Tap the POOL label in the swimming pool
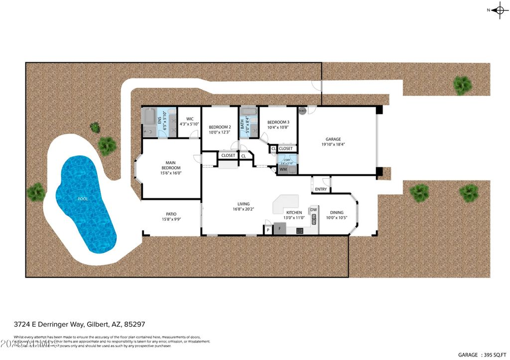pos(83,199)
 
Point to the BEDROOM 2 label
pos(220,127)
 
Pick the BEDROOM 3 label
pos(278,122)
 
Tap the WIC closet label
pos(189,119)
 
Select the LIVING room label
pos(244,204)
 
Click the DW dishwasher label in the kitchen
pos(313,210)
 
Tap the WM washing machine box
pos(283,170)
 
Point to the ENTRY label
pos(321,189)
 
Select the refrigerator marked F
pos(279,230)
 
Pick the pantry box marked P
pos(268,230)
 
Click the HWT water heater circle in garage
pos(302,110)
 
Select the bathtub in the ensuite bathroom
pos(149,117)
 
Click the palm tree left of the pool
pos(36,192)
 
